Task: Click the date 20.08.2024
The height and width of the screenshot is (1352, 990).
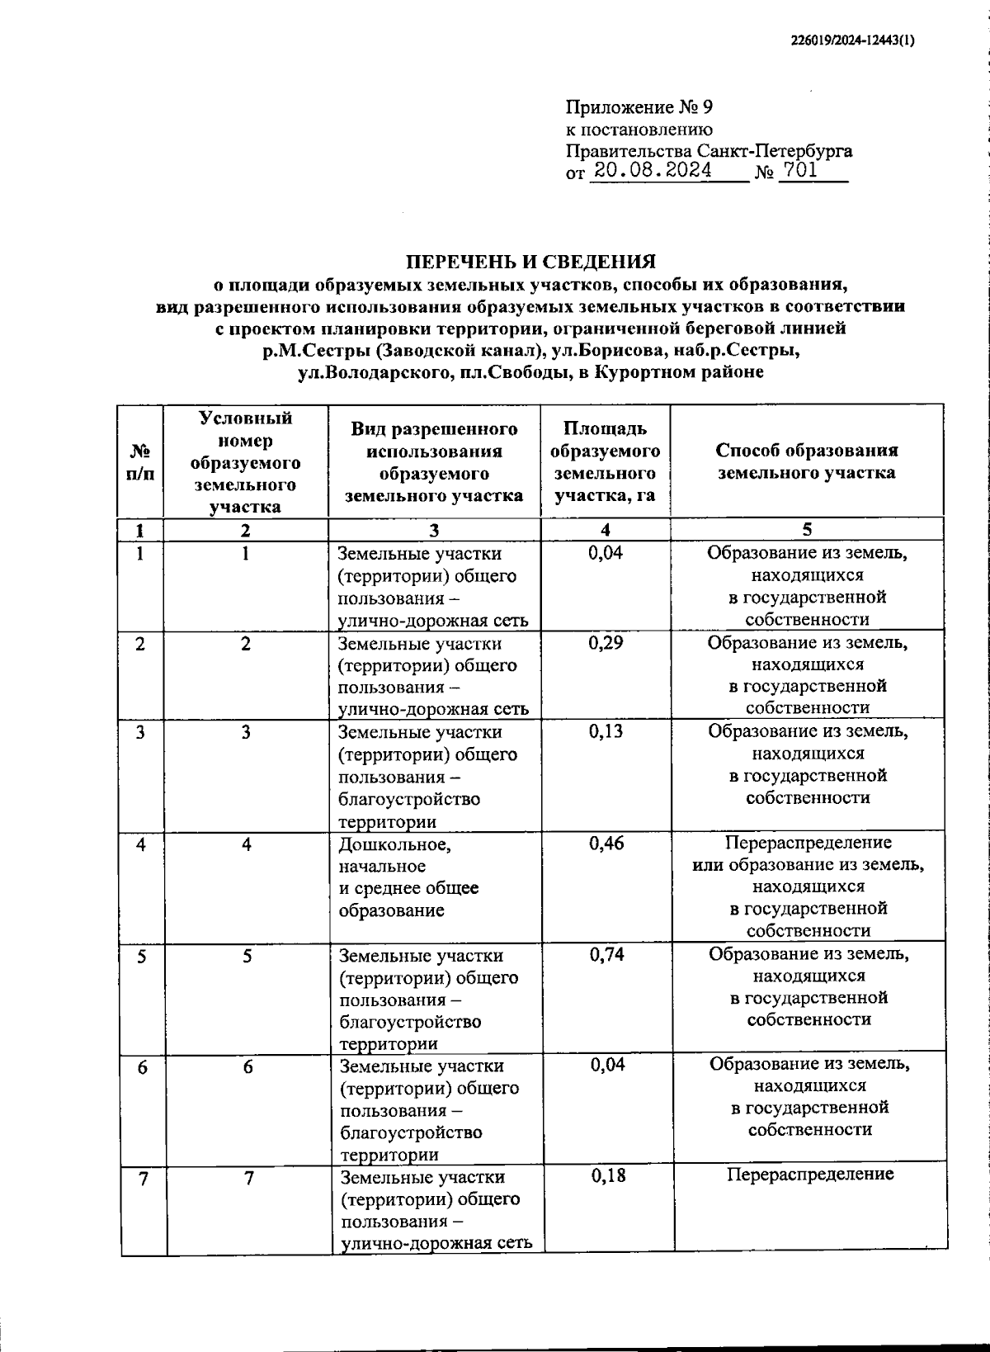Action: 653,172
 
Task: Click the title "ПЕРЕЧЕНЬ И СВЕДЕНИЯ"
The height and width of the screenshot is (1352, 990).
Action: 531,262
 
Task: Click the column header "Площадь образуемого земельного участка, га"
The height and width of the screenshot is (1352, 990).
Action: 605,462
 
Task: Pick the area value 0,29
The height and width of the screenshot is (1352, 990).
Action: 606,643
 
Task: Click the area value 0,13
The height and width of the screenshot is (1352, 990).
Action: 606,732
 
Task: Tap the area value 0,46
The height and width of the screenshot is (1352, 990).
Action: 606,843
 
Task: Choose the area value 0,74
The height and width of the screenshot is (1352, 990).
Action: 606,954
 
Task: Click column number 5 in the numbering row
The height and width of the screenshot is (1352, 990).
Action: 806,530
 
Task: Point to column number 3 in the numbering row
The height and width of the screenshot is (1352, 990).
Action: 434,531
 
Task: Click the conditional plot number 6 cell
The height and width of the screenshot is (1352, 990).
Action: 247,1067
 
